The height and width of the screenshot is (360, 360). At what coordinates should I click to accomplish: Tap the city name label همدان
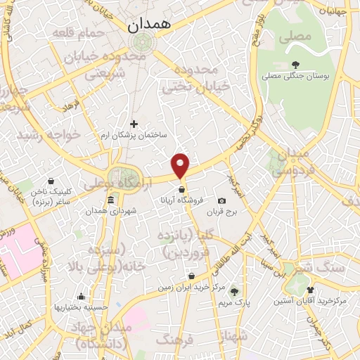[149, 25]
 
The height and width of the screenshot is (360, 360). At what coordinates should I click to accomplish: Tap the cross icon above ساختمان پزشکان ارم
[134, 124]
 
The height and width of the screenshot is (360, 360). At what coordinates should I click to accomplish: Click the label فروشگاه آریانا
[182, 200]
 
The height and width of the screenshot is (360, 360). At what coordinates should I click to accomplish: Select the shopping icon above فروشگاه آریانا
[182, 189]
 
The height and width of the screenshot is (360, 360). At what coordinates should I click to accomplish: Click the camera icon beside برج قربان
[222, 201]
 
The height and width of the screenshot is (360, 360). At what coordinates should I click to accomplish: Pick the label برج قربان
[222, 212]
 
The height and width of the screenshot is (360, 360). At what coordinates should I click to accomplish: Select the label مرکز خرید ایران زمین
[192, 288]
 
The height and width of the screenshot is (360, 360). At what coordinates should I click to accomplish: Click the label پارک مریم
[234, 302]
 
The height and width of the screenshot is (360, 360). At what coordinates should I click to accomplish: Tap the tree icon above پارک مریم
[234, 292]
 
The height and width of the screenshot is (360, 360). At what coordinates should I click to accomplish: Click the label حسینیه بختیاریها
[82, 307]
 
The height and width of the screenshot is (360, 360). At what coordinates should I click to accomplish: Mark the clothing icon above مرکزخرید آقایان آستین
[311, 290]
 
